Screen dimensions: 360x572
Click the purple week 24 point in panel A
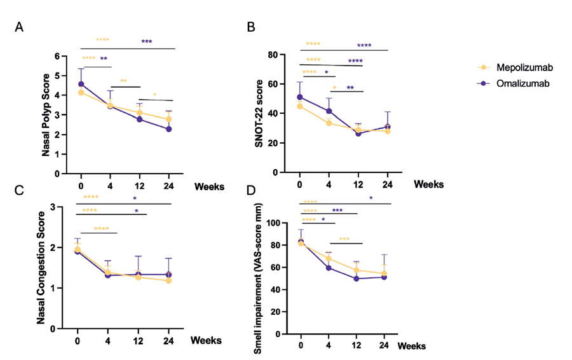coord(169,129)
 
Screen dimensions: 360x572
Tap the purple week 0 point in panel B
coord(300,97)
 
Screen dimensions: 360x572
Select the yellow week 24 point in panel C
coord(169,280)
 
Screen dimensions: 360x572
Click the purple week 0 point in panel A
coord(81,84)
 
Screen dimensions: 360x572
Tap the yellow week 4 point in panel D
coord(329,259)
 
